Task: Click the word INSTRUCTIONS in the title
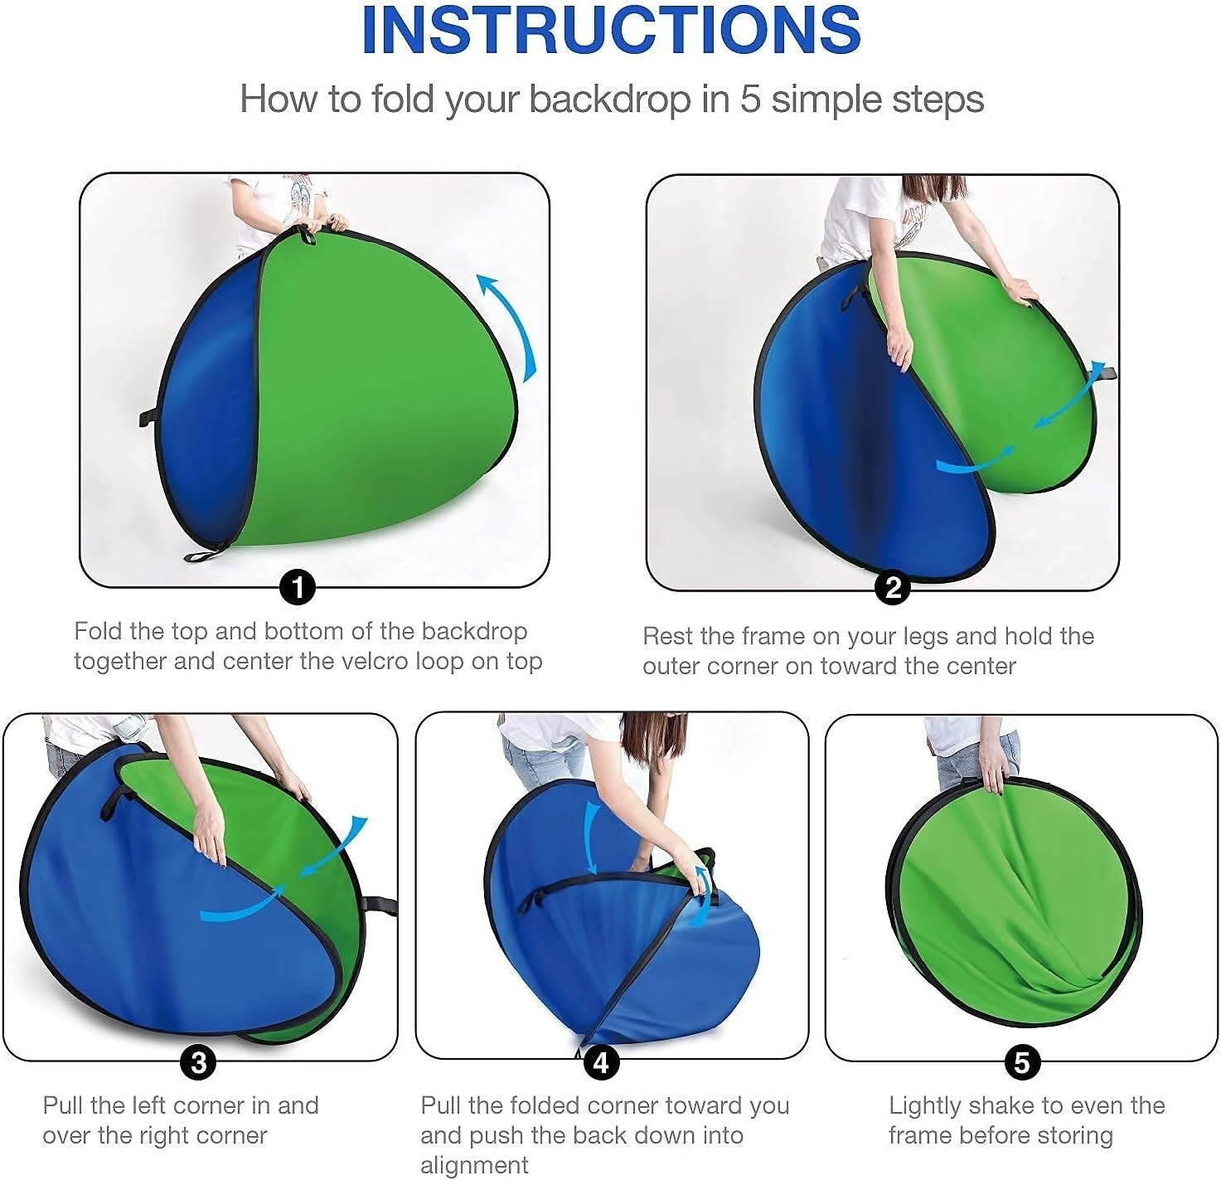tap(610, 30)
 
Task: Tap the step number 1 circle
tap(298, 587)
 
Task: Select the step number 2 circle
tap(892, 587)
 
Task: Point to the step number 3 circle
tap(198, 1062)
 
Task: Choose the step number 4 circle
tap(601, 1062)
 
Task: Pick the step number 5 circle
tap(1021, 1062)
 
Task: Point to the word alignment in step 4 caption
tap(473, 1166)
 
